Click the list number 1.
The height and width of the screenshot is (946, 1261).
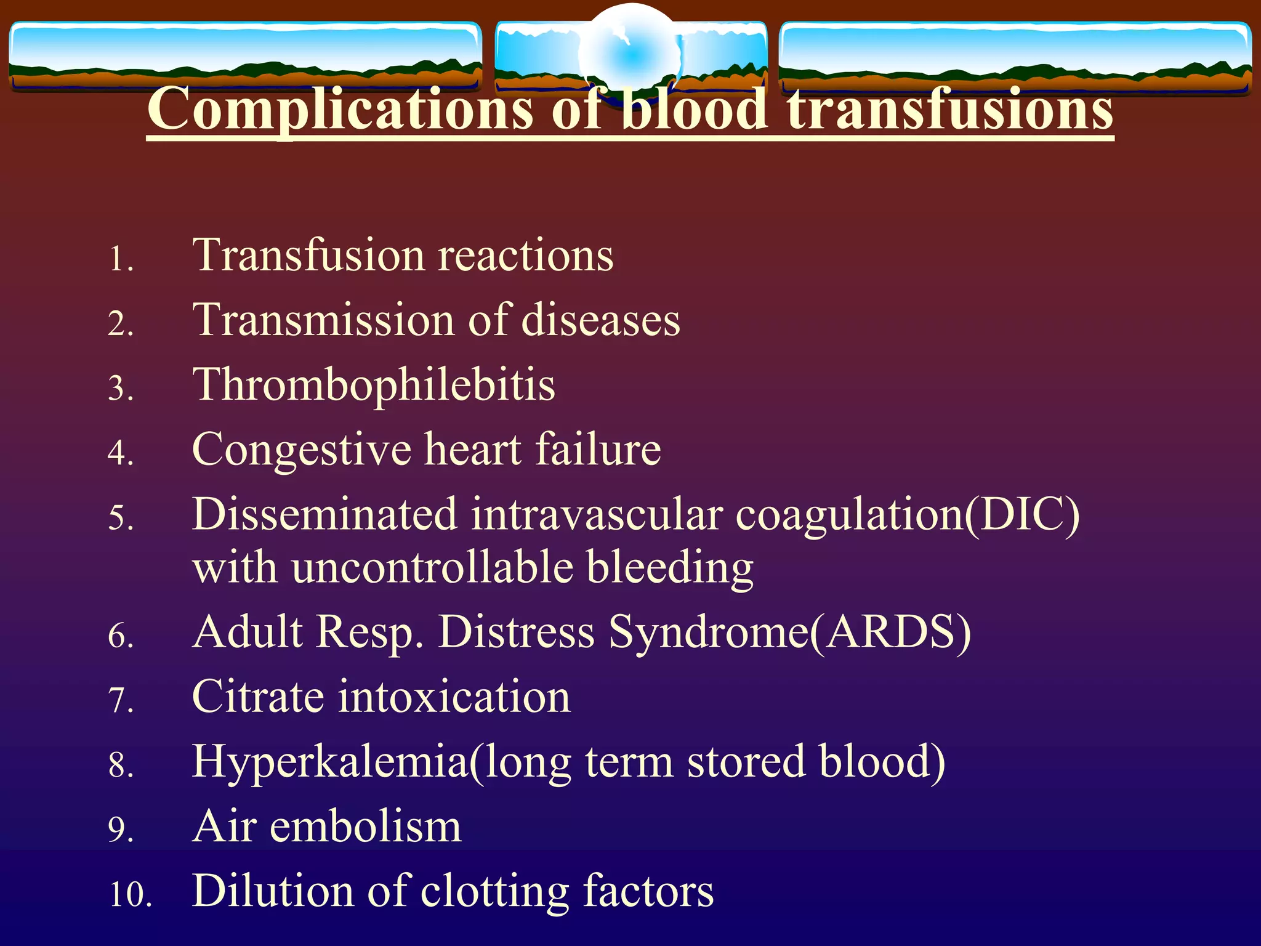120,259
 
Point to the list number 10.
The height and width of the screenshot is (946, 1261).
131,894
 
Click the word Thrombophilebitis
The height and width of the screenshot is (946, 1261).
374,386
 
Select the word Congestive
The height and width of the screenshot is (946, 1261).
302,450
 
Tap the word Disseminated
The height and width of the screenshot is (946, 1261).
325,514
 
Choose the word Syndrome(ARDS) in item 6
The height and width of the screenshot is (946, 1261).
790,633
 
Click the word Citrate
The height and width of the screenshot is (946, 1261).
258,697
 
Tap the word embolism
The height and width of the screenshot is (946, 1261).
365,827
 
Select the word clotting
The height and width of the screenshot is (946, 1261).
494,892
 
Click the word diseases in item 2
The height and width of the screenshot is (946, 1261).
600,320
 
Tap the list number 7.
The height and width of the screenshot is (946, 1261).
120,701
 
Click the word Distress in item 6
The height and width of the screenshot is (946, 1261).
516,633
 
